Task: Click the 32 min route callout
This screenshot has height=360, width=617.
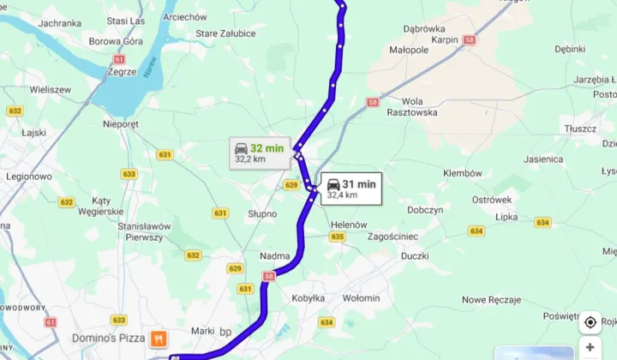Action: pyautogui.click(x=260, y=152)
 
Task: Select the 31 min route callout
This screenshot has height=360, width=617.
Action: pyautogui.click(x=351, y=188)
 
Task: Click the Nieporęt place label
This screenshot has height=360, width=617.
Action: pyautogui.click(x=120, y=123)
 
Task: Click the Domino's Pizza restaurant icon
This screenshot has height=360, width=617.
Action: pyautogui.click(x=158, y=338)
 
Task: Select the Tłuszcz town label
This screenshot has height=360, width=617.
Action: pyautogui.click(x=580, y=129)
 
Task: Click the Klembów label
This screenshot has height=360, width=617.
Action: pyautogui.click(x=463, y=173)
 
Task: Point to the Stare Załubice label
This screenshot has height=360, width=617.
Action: pyautogui.click(x=225, y=33)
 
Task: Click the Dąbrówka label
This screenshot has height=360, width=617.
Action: pyautogui.click(x=424, y=27)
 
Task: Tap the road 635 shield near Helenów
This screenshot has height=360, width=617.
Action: pyautogui.click(x=338, y=237)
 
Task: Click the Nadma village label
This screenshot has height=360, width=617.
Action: pyautogui.click(x=274, y=255)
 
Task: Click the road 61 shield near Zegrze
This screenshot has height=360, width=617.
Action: pyautogui.click(x=118, y=59)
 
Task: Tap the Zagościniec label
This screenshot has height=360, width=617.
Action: pyautogui.click(x=392, y=236)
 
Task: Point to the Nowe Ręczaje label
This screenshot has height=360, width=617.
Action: pyautogui.click(x=491, y=299)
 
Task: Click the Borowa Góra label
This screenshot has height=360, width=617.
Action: pyautogui.click(x=115, y=39)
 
